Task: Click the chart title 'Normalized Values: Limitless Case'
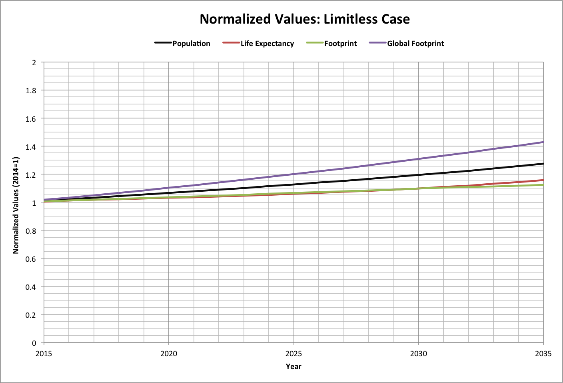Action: click(x=305, y=19)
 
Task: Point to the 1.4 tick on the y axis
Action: click(x=31, y=147)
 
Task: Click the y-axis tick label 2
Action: click(x=34, y=63)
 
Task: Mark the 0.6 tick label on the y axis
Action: click(x=31, y=259)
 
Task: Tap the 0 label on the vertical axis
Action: click(x=34, y=343)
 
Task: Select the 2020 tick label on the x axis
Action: click(x=169, y=354)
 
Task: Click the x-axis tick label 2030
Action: click(x=419, y=354)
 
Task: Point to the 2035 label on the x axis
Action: click(x=543, y=354)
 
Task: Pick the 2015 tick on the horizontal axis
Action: click(x=44, y=354)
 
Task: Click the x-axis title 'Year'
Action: click(x=293, y=367)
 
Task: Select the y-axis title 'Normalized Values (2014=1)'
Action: click(x=16, y=205)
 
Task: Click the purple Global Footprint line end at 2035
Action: click(x=542, y=142)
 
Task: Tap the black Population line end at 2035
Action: click(x=542, y=164)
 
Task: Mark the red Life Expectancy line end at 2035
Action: click(x=542, y=180)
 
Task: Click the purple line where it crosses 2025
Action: click(x=294, y=174)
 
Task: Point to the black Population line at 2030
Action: click(x=419, y=175)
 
